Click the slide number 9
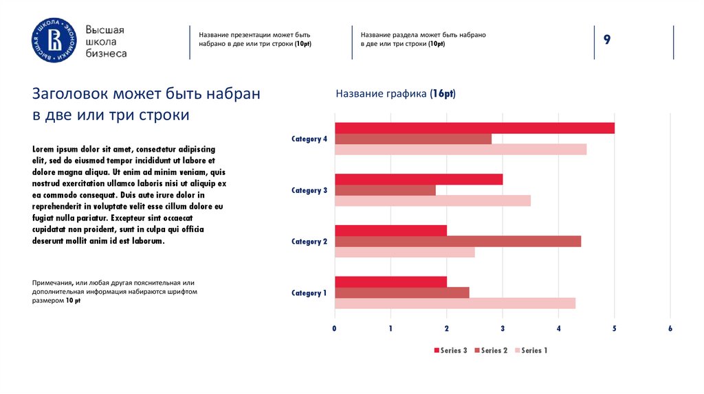(607, 40)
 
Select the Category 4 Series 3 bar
(474, 128)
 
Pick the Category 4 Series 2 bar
(413, 139)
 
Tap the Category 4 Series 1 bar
(461, 150)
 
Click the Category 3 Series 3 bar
(419, 179)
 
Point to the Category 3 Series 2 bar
(385, 190)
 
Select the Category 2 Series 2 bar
(458, 241)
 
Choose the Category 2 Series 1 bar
(404, 252)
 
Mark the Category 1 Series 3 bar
(390, 281)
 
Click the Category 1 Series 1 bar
(455, 303)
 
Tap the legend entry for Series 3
(450, 351)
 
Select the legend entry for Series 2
(491, 351)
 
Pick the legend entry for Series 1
(531, 351)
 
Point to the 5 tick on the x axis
(614, 329)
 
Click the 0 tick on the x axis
(335, 329)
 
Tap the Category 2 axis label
(309, 242)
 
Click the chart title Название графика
(395, 93)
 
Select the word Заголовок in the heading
(70, 94)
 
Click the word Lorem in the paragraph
(43, 149)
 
